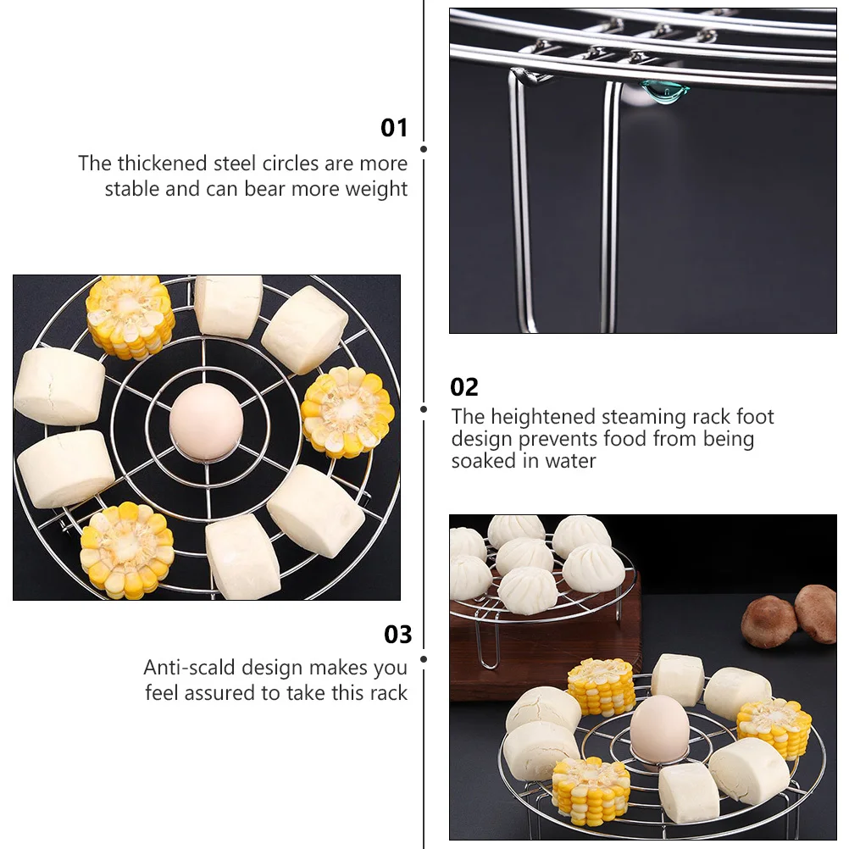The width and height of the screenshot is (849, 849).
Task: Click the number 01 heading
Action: pyautogui.click(x=394, y=128)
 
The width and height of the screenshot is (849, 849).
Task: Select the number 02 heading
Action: pyautogui.click(x=464, y=387)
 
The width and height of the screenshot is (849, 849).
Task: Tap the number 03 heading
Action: pyautogui.click(x=397, y=635)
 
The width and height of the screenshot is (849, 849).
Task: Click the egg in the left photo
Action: pyautogui.click(x=206, y=421)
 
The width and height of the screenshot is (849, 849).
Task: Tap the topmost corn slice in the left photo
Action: pyautogui.click(x=130, y=316)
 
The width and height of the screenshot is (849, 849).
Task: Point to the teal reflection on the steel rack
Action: pyautogui.click(x=660, y=91)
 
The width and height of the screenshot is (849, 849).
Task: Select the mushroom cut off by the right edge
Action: pyautogui.click(x=818, y=613)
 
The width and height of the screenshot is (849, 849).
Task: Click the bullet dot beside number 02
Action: pyautogui.click(x=424, y=408)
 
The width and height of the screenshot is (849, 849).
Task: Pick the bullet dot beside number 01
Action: pyautogui.click(x=424, y=149)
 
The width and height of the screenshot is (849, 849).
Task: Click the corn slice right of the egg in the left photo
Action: pyautogui.click(x=347, y=412)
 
